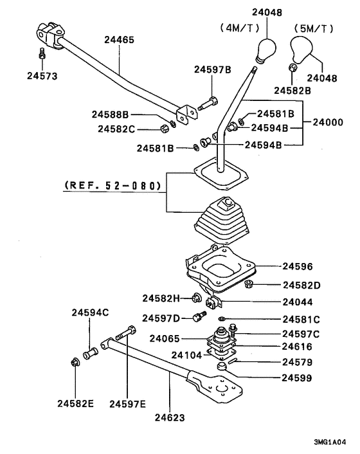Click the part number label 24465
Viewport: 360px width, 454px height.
pos(119,40)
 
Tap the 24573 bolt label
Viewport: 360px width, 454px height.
pos(42,76)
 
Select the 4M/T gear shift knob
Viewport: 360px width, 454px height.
pos(266,50)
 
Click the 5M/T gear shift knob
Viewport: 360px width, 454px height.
pos(301,50)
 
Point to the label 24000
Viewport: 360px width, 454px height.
pos(328,122)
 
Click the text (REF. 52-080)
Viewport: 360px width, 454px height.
pos(113,185)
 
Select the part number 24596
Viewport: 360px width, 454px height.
pos(298,266)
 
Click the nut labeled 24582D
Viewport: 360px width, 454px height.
pos(249,284)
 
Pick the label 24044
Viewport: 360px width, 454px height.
pos(298,302)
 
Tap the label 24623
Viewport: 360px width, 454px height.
pos(170,417)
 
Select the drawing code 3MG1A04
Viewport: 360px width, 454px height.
pos(330,442)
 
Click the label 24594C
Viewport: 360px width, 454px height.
pos(90,313)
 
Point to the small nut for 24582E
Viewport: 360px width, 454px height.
pos(75,361)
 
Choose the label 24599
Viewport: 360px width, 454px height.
pos(297,378)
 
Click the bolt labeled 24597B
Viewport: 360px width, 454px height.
pos(208,104)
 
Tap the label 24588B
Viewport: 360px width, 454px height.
pos(111,114)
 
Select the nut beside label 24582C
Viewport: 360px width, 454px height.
pos(165,128)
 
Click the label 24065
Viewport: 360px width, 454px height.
pos(165,338)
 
